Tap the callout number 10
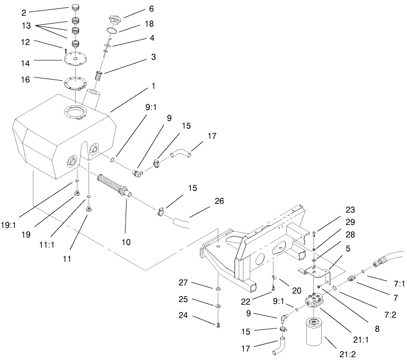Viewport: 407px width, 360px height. [126, 241]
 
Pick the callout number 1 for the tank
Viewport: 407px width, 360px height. [153, 86]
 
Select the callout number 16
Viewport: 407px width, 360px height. [25, 80]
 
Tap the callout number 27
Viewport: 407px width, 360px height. [184, 282]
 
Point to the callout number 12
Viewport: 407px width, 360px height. [25, 42]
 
